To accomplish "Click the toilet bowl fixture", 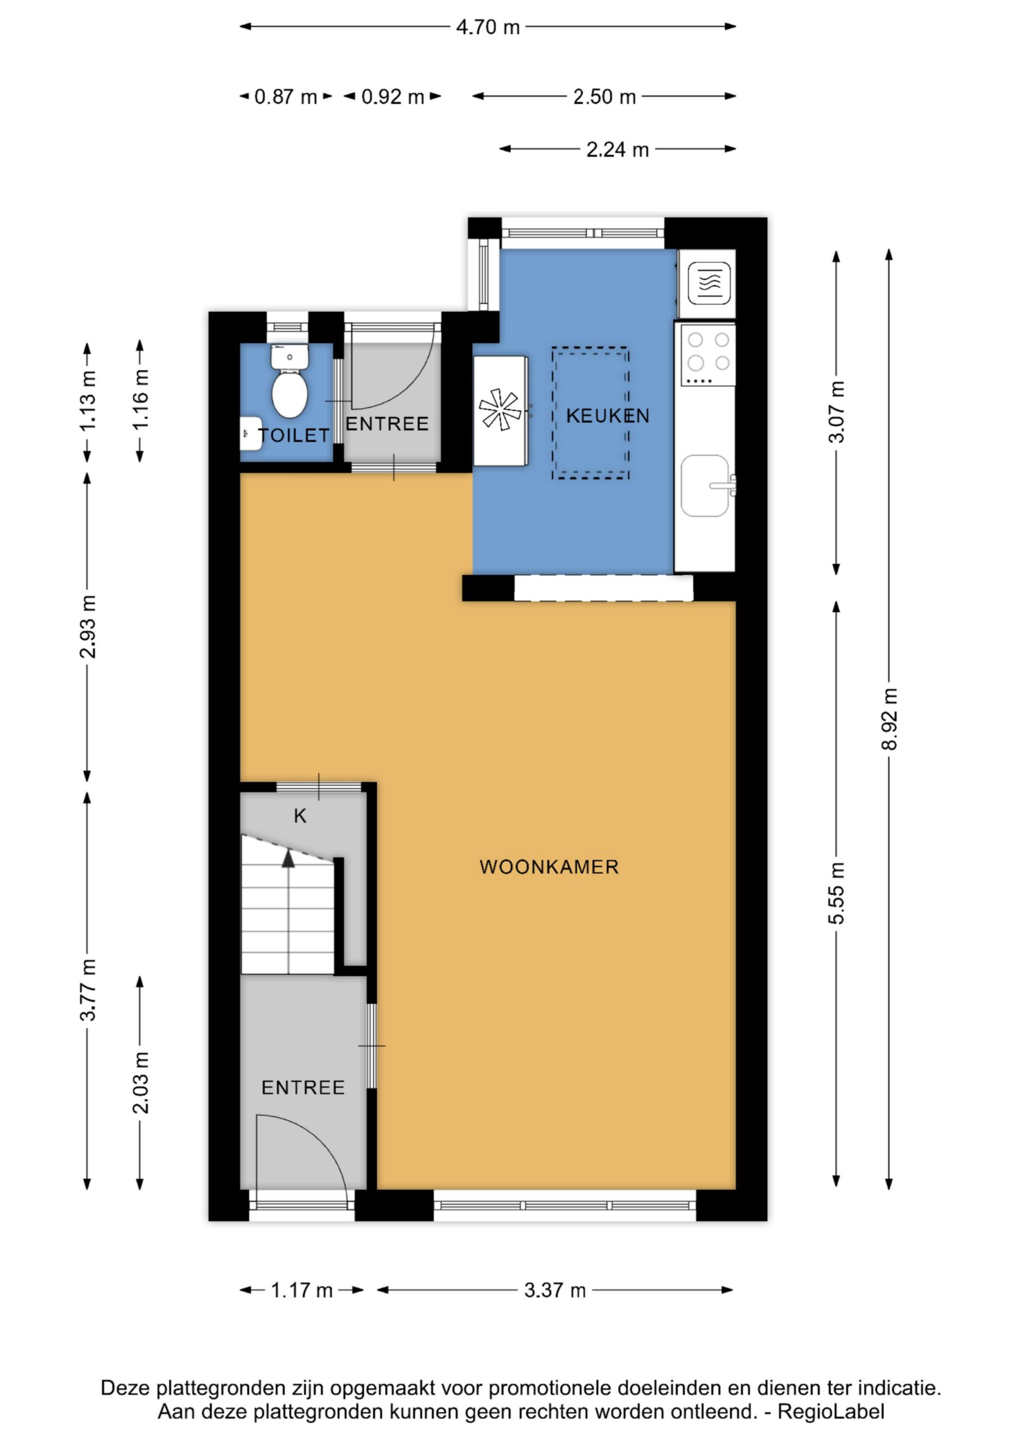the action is [x=289, y=381].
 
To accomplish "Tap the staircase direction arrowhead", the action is [x=288, y=858].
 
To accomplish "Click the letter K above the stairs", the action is [x=300, y=816].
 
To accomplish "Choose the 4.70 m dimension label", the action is [x=488, y=27].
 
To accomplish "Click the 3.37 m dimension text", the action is [x=555, y=1290].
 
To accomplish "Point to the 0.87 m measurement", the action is [x=286, y=97].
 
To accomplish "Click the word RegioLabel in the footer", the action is [x=831, y=1411].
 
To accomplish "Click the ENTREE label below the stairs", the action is [x=303, y=1088].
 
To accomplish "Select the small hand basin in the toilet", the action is [x=251, y=434].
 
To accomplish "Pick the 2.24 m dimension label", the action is [x=617, y=150].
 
